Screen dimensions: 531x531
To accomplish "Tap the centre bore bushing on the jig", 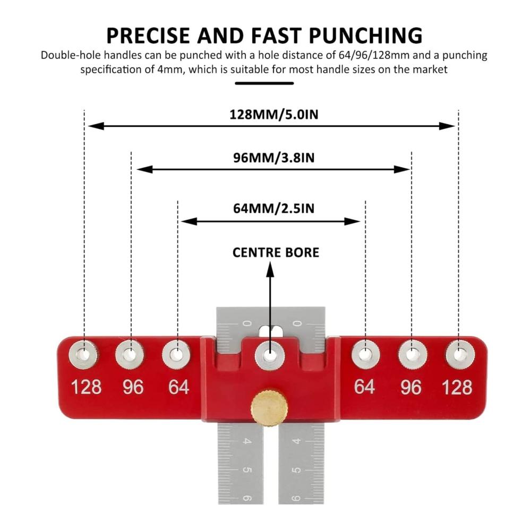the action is point(270,356).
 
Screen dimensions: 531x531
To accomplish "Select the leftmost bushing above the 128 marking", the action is point(83,355).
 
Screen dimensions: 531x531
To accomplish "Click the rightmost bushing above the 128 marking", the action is point(460,355).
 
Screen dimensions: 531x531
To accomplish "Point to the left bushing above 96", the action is point(130,355).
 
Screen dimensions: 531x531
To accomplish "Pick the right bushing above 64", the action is point(365,355).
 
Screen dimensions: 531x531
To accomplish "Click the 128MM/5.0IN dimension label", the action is point(274,115).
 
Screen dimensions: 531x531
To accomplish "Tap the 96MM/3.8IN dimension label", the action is point(274,158).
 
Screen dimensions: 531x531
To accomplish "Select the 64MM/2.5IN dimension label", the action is point(274,208).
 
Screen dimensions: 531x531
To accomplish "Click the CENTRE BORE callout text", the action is point(276,253).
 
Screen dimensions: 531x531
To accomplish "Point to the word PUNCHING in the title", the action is point(366,36).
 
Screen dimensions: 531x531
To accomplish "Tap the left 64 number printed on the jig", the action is point(178,387).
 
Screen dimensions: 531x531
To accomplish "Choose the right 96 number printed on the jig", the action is point(411,387).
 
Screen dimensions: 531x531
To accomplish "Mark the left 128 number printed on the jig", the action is point(87,387).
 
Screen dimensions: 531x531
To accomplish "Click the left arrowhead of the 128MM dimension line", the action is point(96,126).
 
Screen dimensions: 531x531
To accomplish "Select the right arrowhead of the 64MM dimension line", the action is point(352,222).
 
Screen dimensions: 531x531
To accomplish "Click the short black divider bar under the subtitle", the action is point(264,83).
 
